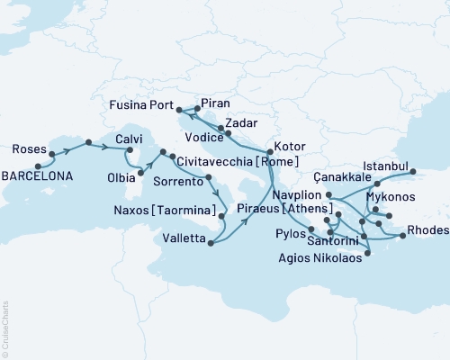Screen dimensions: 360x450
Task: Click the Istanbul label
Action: (386, 166)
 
